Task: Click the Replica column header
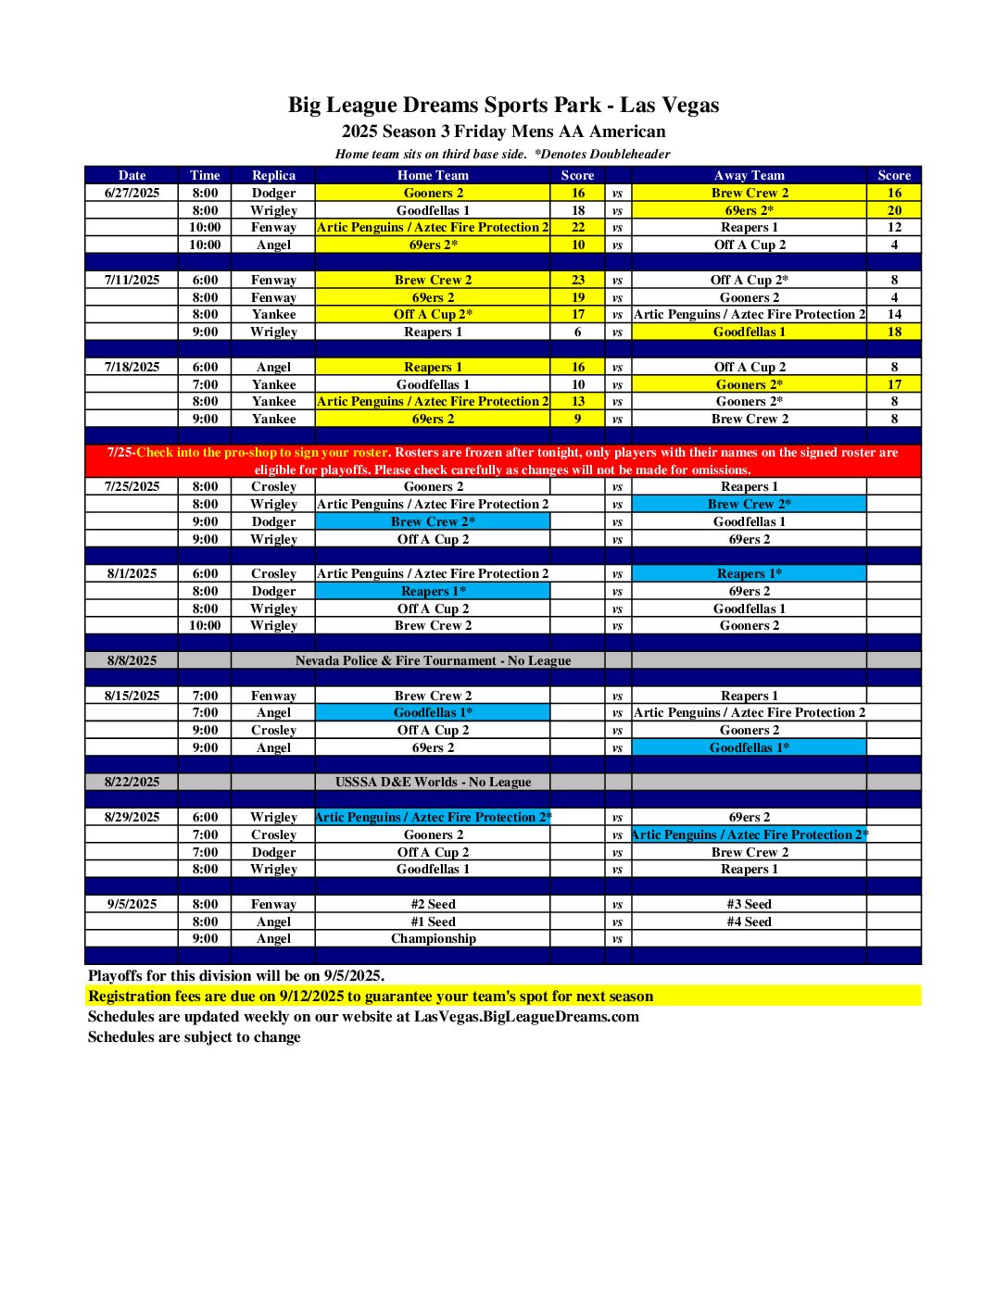(273, 175)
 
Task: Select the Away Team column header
(749, 175)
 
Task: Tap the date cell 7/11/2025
(132, 280)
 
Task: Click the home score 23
(577, 280)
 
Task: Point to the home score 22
(577, 227)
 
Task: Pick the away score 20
(894, 210)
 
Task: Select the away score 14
(894, 314)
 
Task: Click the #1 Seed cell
(433, 922)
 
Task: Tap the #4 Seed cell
(749, 922)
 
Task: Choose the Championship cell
(433, 938)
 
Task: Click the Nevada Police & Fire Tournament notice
(433, 660)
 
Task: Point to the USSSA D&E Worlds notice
(433, 782)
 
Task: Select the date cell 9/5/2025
(132, 904)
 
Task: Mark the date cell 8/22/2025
(132, 782)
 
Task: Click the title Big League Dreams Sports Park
(503, 105)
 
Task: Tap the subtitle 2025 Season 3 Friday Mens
(503, 132)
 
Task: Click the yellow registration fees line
(371, 997)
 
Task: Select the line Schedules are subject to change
(195, 1036)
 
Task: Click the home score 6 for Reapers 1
(577, 332)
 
